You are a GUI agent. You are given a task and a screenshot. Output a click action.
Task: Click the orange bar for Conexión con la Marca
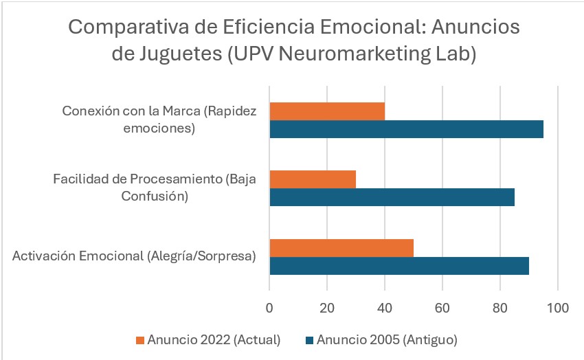327,111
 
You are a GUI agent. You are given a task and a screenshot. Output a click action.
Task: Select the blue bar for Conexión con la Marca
406,129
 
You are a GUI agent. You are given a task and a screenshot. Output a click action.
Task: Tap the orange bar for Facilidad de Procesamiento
313,179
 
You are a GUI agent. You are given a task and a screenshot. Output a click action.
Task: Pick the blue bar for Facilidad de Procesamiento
392,197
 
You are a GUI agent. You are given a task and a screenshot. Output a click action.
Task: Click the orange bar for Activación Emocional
341,247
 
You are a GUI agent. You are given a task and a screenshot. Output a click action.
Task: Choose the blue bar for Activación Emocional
399,265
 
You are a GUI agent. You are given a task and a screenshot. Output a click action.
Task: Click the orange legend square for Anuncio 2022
141,339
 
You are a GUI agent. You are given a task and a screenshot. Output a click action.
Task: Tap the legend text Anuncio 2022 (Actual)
214,339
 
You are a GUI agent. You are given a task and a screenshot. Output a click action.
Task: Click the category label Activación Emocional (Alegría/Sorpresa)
135,256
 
